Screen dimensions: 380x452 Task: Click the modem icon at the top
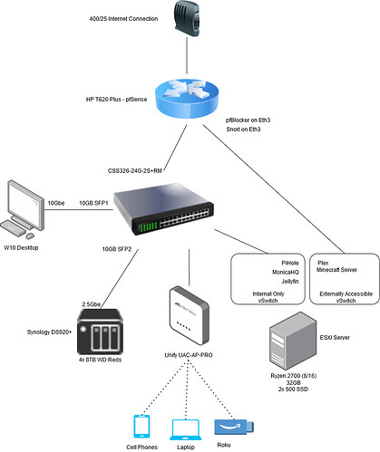pos(187,18)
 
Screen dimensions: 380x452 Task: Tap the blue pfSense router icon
pos(187,99)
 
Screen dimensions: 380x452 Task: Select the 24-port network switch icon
pos(163,208)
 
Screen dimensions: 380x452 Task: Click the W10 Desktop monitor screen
pos(24,204)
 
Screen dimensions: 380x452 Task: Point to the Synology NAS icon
pos(100,332)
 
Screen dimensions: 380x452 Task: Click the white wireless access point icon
pos(190,315)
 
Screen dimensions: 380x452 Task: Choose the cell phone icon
pos(141,426)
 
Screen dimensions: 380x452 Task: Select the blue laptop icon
pos(186,429)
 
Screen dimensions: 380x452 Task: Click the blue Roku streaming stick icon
pos(234,427)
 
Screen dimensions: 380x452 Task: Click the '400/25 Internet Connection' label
pos(123,19)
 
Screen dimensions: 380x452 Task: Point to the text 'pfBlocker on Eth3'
pos(248,120)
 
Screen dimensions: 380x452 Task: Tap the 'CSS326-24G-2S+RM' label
pos(135,171)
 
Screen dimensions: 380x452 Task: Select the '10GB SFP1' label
pos(93,203)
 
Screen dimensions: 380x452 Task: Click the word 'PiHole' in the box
pos(290,263)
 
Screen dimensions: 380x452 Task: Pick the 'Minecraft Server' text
pos(336,270)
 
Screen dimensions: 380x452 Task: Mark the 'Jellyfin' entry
pos(290,282)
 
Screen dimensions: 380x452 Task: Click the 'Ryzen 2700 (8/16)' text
pos(294,376)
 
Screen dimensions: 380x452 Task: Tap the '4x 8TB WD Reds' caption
pos(100,360)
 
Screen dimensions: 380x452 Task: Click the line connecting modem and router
pos(187,55)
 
